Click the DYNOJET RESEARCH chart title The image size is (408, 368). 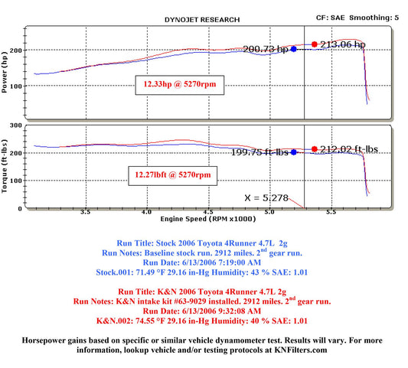pos(202,20)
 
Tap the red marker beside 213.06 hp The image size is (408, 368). pos(315,44)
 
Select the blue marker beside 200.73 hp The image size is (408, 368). pos(293,49)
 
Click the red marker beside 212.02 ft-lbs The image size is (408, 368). pos(315,149)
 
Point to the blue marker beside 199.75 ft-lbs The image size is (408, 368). pos(293,152)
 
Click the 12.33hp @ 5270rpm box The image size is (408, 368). pos(180,85)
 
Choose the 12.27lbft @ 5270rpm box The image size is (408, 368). pos(172,175)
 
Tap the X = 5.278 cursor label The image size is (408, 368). pos(266,198)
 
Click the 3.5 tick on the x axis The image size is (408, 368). pos(85,212)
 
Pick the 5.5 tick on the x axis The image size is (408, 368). pos(331,212)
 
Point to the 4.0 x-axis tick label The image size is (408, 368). pos(146,212)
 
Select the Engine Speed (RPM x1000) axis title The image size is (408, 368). pos(208,219)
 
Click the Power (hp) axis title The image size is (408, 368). pos(4,72)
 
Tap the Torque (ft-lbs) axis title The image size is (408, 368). pos(4,167)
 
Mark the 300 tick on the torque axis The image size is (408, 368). pos(16,125)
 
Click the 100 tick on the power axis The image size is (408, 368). pos(16,86)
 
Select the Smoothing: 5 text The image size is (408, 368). pos(374,18)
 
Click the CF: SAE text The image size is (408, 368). pos(330,18)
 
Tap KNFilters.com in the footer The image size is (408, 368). pos(301,350)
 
